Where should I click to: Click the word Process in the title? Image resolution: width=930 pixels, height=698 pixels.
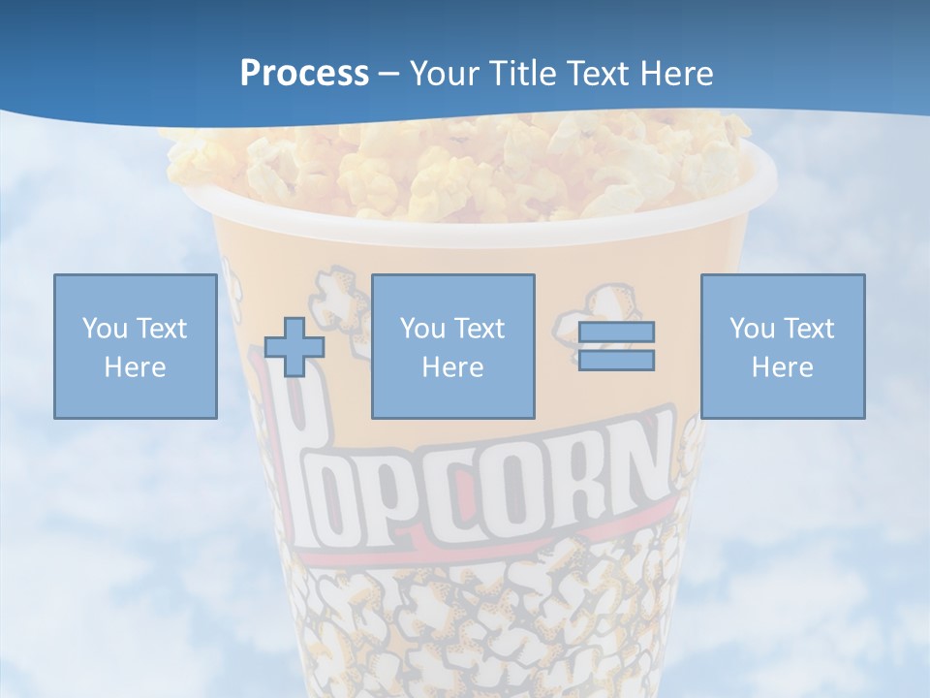pos(304,74)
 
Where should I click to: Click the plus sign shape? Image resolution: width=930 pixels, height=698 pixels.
pos(294,346)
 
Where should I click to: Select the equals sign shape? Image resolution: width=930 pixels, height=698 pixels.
pos(616,346)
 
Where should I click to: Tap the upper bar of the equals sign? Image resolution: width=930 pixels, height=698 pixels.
pos(616,333)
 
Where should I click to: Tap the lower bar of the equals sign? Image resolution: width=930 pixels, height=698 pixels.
pos(616,361)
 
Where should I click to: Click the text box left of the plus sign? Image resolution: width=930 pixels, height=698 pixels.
pos(135,346)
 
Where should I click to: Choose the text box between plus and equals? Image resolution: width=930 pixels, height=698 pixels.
pos(452,346)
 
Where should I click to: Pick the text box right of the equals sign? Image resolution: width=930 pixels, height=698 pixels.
pos(782,346)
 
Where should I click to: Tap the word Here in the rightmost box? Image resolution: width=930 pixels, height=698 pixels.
pos(782,367)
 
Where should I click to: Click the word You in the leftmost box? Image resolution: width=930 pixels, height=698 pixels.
pos(104,329)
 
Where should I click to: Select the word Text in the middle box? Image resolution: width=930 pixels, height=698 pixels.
pos(479,329)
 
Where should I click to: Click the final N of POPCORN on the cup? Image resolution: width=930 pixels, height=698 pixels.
pos(643,456)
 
